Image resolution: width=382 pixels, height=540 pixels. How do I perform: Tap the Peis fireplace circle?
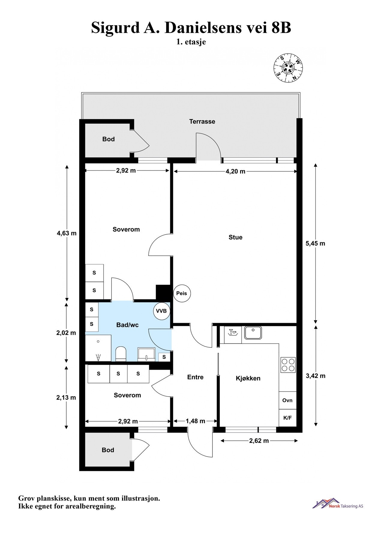pyautogui.click(x=182, y=293)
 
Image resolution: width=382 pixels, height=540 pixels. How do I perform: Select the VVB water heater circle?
pyautogui.click(x=161, y=311)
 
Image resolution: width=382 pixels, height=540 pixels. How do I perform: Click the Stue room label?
pyautogui.click(x=235, y=237)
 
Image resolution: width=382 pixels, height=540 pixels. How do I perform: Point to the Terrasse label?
pyautogui.click(x=202, y=121)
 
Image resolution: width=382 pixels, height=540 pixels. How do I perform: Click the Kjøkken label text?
pyautogui.click(x=248, y=378)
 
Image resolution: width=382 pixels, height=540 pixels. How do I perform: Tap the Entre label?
pyautogui.click(x=195, y=377)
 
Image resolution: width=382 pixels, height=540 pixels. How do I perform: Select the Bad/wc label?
pyautogui.click(x=127, y=325)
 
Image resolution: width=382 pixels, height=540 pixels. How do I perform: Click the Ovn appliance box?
pyautogui.click(x=287, y=400)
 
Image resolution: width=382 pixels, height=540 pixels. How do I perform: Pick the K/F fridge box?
pyautogui.click(x=287, y=418)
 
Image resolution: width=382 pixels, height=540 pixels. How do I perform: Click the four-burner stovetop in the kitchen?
pyautogui.click(x=288, y=365)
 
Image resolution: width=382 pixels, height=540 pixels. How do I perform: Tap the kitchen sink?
pyautogui.click(x=253, y=333)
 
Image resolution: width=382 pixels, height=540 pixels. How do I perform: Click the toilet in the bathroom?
pyautogui.click(x=121, y=354)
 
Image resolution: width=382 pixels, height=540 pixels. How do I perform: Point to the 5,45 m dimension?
pyautogui.click(x=315, y=243)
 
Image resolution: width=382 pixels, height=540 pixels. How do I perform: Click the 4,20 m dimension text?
pyautogui.click(x=235, y=172)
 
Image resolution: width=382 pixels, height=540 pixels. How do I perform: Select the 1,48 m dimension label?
pyautogui.click(x=195, y=421)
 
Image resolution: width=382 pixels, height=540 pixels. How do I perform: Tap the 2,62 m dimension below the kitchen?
pyautogui.click(x=259, y=441)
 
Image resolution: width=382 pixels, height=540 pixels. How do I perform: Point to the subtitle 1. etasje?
pyautogui.click(x=191, y=42)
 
